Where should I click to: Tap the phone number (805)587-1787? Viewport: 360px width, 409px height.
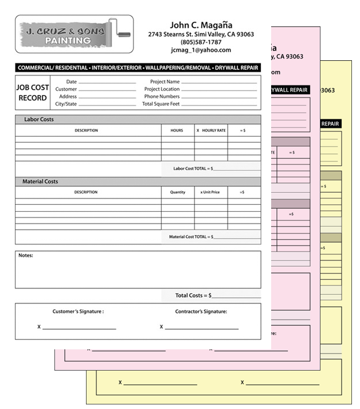tap(201, 42)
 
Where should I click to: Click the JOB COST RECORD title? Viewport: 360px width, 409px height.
tap(33, 93)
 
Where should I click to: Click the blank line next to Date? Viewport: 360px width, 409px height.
tap(107, 83)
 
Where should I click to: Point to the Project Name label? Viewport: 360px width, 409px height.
tap(165, 82)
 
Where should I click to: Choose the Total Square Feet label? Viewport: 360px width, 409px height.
tap(161, 104)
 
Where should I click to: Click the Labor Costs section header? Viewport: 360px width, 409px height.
tap(39, 119)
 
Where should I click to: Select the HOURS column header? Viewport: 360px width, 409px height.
tap(177, 130)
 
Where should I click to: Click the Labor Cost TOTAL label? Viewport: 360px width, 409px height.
tap(194, 169)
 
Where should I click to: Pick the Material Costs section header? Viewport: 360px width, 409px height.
tap(40, 181)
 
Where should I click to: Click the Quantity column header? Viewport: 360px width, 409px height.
tap(178, 192)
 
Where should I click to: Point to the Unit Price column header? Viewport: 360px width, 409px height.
tap(210, 192)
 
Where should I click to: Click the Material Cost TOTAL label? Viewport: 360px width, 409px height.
tap(191, 236)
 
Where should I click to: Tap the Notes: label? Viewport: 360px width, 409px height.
tap(26, 255)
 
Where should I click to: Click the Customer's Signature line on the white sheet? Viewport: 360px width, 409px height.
tap(79, 329)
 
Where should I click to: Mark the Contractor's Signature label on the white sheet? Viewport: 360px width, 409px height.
tap(201, 311)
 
